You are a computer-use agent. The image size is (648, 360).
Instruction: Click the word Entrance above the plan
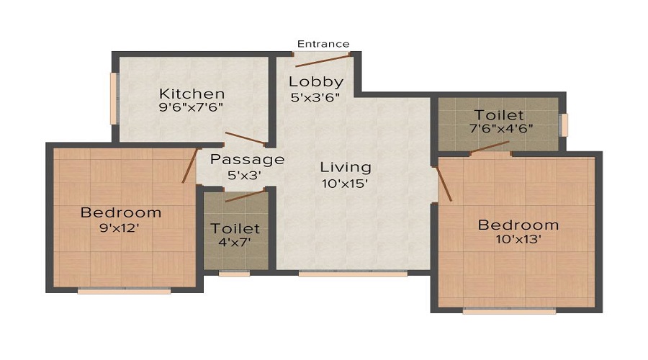[323, 44]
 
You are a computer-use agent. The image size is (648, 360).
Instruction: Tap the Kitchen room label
[192, 94]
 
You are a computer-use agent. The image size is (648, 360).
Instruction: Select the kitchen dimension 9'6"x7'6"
[191, 107]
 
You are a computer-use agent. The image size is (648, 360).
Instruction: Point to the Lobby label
[316, 82]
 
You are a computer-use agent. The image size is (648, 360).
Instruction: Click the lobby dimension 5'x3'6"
[315, 97]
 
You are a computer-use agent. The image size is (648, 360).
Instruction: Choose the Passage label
[247, 160]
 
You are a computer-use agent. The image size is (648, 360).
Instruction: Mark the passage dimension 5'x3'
[244, 175]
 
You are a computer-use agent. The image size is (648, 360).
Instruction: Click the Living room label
[346, 167]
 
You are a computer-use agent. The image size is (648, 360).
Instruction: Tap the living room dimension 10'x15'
[345, 183]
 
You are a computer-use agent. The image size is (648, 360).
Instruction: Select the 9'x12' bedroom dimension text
[120, 228]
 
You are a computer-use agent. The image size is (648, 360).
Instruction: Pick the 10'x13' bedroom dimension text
[518, 239]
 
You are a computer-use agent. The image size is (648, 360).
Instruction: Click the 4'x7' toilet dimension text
[235, 242]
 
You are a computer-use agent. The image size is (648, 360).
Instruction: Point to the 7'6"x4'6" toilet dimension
[501, 129]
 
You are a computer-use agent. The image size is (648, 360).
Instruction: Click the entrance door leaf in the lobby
[323, 60]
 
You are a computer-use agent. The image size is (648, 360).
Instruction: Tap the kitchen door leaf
[246, 138]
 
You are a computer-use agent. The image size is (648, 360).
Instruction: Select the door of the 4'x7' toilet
[245, 196]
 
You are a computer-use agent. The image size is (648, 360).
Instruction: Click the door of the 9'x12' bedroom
[189, 166]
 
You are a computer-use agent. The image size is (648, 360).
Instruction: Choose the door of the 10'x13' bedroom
[444, 184]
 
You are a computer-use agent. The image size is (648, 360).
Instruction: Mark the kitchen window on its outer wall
[114, 99]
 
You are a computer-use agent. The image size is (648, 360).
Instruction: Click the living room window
[353, 273]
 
